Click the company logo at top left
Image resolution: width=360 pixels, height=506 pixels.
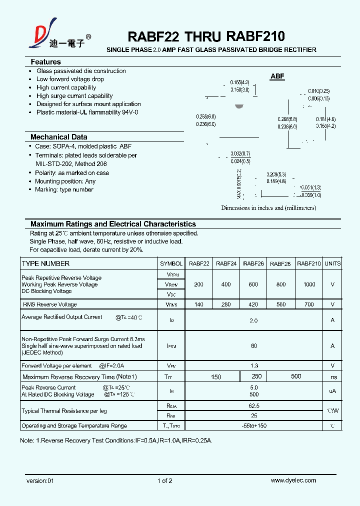point(45,34)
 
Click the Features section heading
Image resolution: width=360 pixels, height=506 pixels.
point(45,62)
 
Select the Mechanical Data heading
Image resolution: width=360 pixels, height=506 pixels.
point(58,137)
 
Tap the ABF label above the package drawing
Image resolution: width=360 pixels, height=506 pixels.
point(277,76)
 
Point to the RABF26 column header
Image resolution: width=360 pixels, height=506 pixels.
point(253,263)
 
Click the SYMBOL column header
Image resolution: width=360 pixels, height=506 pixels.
point(171,263)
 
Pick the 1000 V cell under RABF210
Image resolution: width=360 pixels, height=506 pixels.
point(309,284)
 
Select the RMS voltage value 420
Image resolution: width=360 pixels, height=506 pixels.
point(253,304)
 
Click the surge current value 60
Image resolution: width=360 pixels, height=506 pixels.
point(254,345)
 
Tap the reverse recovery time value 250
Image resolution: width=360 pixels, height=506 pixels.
point(256,376)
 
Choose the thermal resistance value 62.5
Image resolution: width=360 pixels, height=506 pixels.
point(254,406)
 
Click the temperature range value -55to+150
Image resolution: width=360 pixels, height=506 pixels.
point(254,426)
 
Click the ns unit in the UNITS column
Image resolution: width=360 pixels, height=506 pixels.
point(333,377)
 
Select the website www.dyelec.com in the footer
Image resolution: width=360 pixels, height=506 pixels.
point(293,480)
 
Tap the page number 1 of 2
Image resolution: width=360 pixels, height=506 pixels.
point(164,480)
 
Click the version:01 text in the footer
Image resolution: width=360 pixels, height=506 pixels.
point(39,480)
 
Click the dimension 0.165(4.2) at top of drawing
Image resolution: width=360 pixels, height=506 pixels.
point(239,82)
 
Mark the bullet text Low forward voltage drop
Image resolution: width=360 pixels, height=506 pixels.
point(70,79)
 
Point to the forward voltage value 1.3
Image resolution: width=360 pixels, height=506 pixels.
point(254,365)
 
